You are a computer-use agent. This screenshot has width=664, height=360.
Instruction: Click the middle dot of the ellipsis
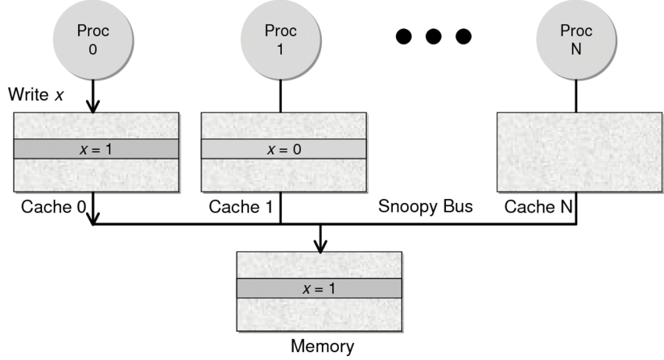pos(434,37)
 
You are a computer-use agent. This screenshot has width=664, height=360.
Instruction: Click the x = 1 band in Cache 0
pos(97,148)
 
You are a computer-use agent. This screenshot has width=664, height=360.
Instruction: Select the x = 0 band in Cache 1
pos(283,148)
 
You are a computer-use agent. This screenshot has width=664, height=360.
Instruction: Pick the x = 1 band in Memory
pos(320,287)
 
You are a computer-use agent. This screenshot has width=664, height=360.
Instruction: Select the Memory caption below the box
pos(322,346)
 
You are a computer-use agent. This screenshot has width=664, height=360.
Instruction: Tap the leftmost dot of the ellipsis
pos(405,37)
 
